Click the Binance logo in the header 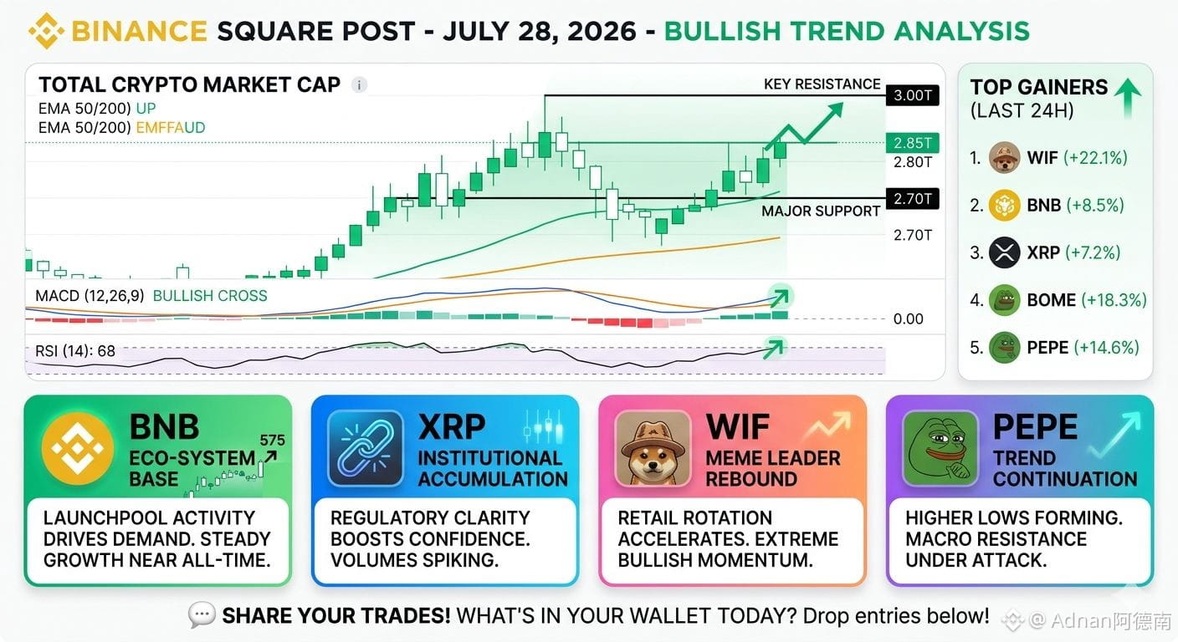[46, 31]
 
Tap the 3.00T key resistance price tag [913, 95]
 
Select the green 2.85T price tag [913, 142]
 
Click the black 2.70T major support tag [913, 199]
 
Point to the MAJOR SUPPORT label [821, 211]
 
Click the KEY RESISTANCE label [822, 84]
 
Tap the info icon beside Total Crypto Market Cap [359, 84]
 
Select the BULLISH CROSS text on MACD [210, 296]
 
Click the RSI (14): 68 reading [75, 351]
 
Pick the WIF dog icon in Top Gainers [1005, 158]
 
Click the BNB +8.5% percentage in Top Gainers [1095, 205]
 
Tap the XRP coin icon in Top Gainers [1005, 252]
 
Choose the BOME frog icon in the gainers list [1005, 300]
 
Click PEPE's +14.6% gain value [1106, 347]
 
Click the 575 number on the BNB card [272, 441]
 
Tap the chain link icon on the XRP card [365, 448]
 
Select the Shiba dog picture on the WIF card [653, 448]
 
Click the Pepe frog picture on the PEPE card [940, 448]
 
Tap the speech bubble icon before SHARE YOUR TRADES [202, 614]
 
